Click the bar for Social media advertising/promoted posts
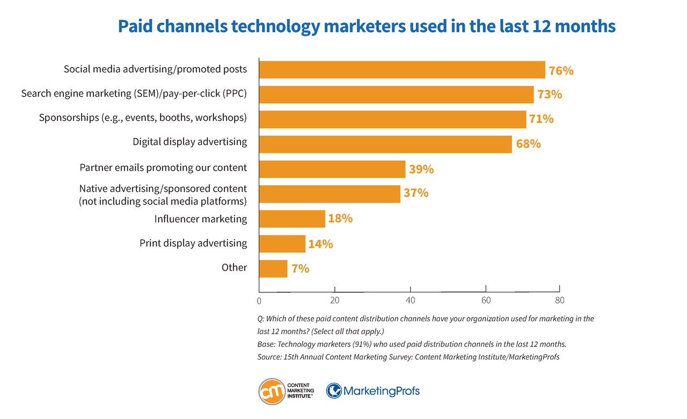[402, 70]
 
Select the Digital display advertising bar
[385, 144]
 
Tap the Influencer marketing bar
[292, 219]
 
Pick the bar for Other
[273, 268]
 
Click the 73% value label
[549, 94]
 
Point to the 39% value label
[421, 169]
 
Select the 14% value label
[320, 244]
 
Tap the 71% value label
[541, 119]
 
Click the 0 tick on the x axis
[259, 300]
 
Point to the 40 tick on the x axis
[411, 300]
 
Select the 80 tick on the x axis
[560, 300]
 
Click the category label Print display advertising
[193, 244]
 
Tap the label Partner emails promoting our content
[163, 167]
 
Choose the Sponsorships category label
[143, 117]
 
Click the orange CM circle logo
[272, 391]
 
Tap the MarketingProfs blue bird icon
[334, 391]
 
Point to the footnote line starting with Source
[408, 357]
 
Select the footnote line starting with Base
[412, 344]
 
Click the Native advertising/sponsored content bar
[330, 194]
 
